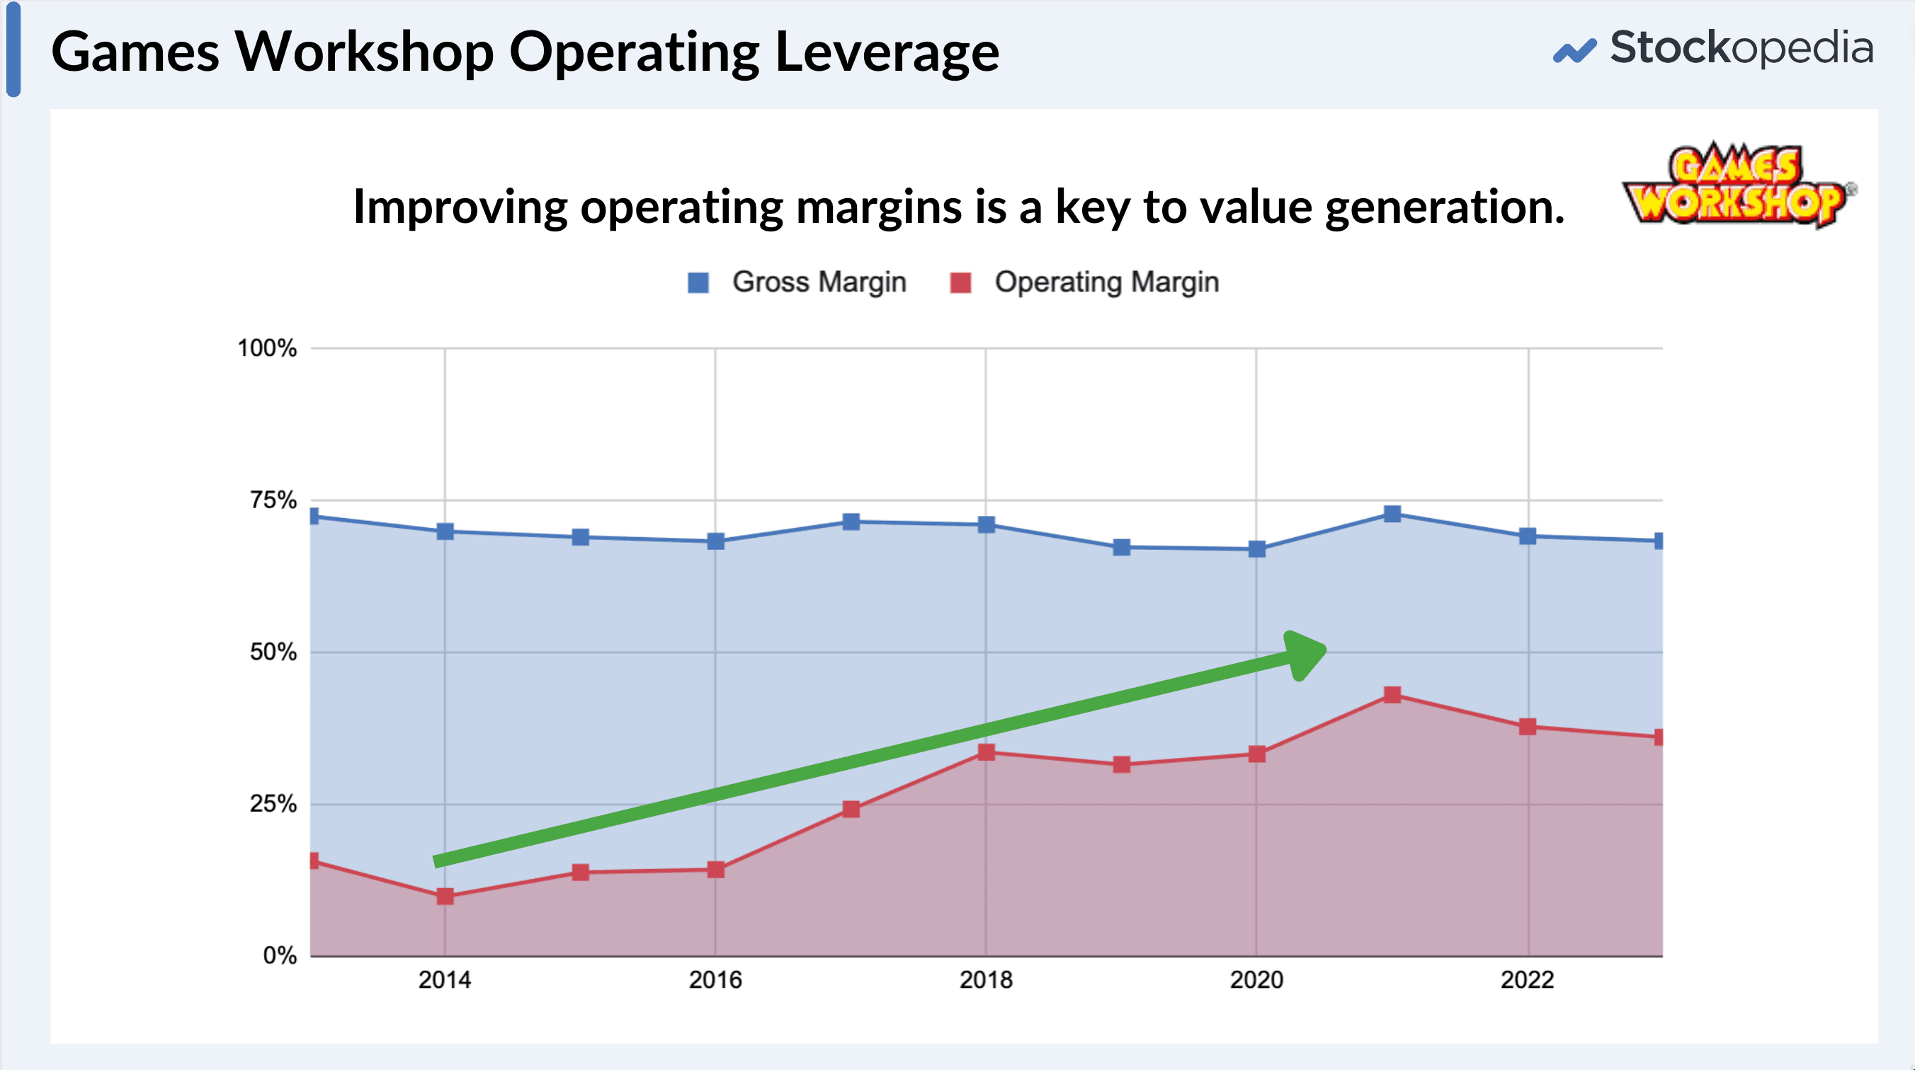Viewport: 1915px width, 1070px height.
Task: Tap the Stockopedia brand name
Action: point(1740,48)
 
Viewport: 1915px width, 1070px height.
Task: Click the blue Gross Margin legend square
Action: point(698,283)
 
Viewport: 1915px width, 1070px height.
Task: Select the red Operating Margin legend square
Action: point(960,283)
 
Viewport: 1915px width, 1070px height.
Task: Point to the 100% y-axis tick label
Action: point(267,348)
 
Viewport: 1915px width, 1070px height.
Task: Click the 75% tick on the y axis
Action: point(273,500)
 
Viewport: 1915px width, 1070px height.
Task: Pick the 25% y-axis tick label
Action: point(273,804)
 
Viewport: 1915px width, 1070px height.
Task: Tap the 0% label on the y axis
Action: point(280,955)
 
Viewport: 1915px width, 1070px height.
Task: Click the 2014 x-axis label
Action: point(445,980)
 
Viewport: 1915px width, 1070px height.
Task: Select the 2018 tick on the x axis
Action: point(986,980)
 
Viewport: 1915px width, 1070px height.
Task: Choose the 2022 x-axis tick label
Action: point(1527,980)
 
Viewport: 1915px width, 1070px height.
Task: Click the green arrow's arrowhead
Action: point(1305,654)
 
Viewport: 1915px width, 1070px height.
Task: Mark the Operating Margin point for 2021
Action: point(1392,695)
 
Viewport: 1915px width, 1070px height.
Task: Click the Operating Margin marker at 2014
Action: point(445,896)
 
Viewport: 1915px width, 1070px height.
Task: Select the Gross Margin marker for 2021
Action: point(1392,514)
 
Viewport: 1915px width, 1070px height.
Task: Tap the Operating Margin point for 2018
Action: point(986,752)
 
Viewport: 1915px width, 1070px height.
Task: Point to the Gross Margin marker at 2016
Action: point(715,541)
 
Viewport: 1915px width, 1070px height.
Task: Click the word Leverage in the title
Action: point(887,54)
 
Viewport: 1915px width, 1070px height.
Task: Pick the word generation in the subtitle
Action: point(1445,207)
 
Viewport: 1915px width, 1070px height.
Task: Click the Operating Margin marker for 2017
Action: point(851,808)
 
